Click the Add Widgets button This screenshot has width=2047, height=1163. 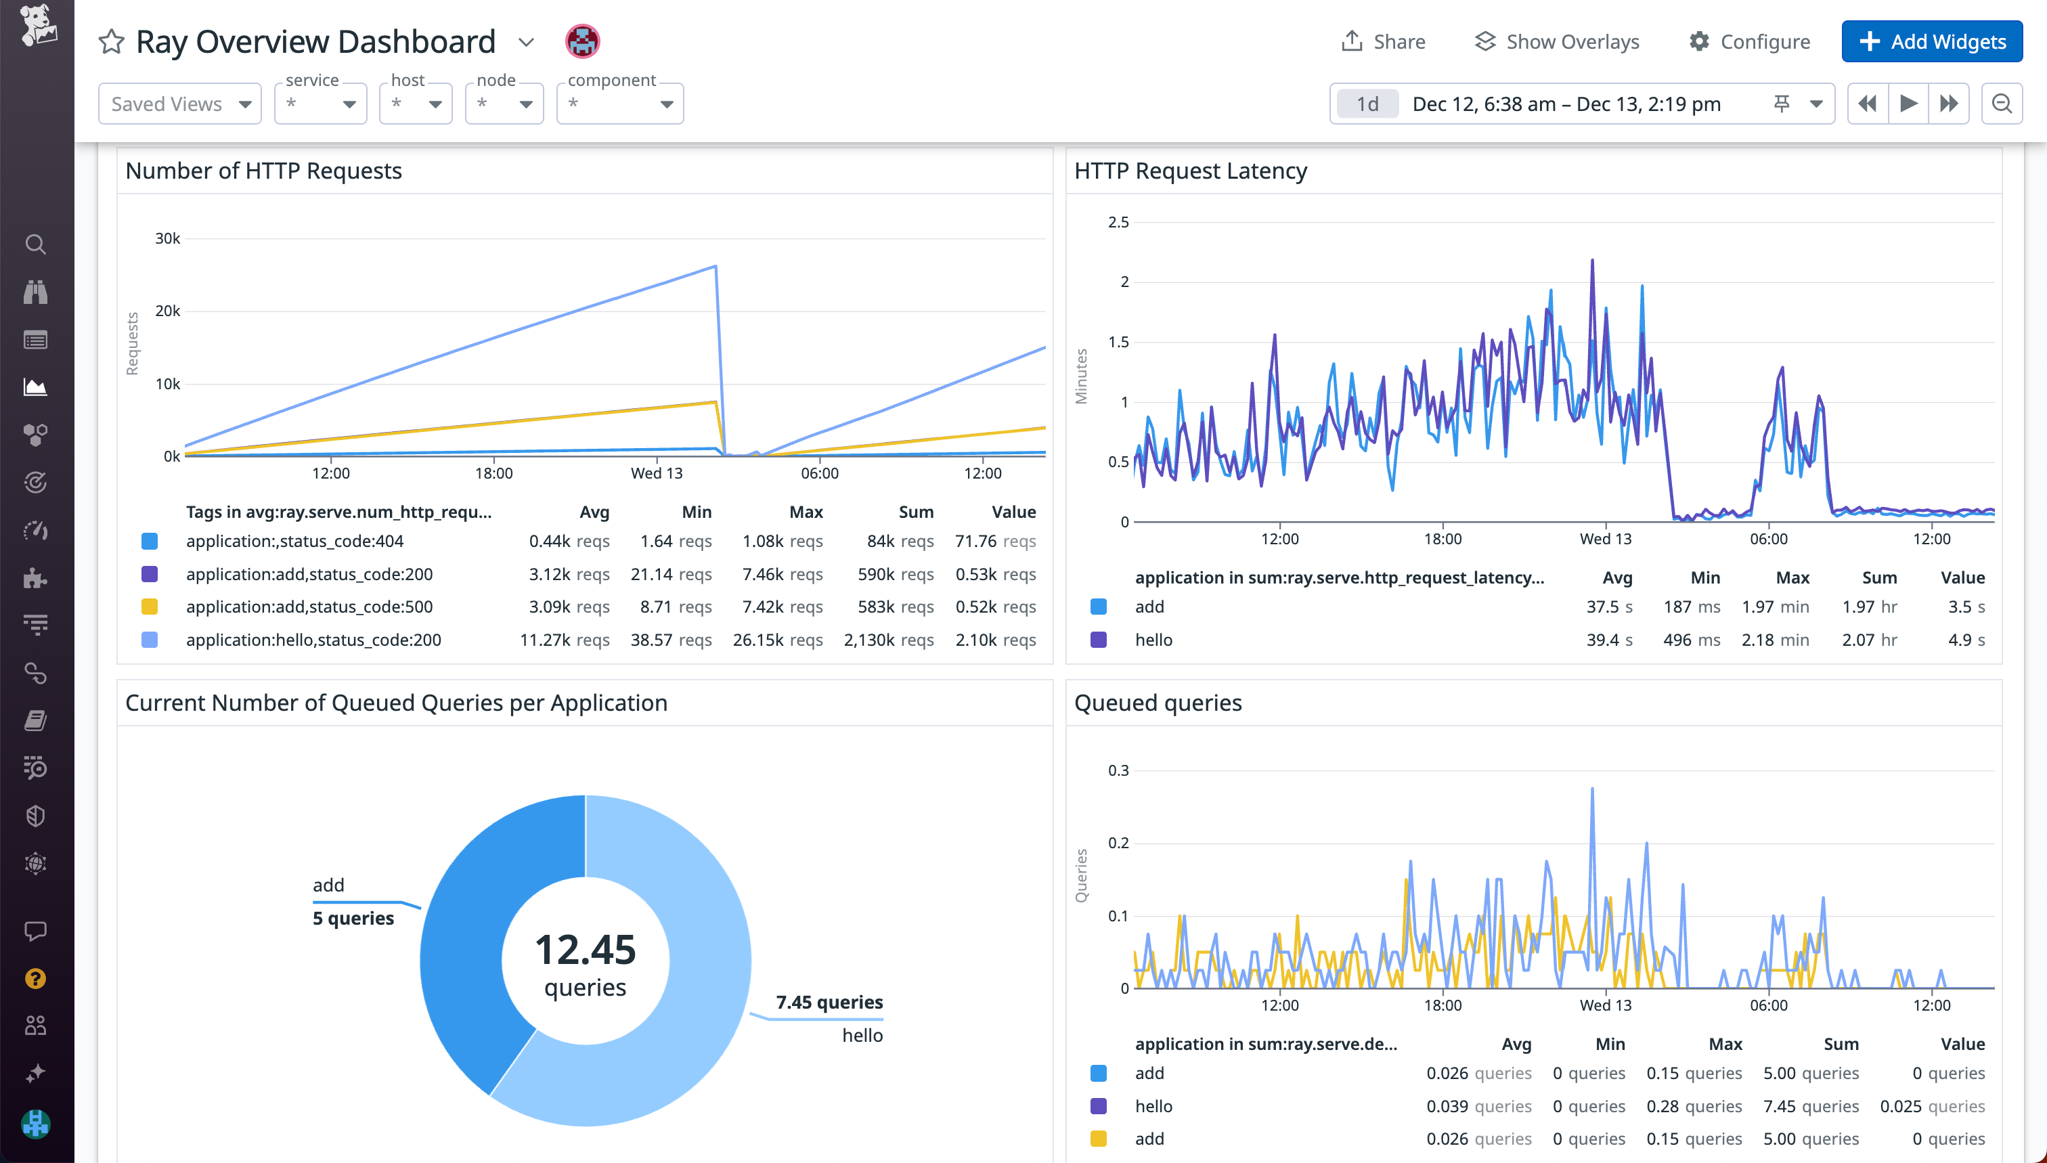1931,41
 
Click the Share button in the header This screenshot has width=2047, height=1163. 1384,41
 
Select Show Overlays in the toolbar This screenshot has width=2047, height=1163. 1557,41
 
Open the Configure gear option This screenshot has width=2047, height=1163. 1749,41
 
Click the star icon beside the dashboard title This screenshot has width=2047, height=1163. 112,41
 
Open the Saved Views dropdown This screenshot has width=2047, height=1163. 179,104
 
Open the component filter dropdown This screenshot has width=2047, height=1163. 620,104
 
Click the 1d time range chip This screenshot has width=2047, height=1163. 1367,104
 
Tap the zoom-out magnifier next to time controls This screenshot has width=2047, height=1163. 2002,104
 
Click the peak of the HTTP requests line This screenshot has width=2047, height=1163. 716,267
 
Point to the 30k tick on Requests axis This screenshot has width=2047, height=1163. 168,238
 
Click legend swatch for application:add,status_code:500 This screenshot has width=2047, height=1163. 150,607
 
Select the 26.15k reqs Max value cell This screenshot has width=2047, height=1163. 777,640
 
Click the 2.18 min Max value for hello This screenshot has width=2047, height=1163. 1775,640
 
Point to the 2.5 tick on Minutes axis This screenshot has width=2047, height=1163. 1118,222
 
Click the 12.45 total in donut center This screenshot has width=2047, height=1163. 586,950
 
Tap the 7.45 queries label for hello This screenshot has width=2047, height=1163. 829,1003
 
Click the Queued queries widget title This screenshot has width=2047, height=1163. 1158,703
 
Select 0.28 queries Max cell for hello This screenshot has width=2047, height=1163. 1693,1106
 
